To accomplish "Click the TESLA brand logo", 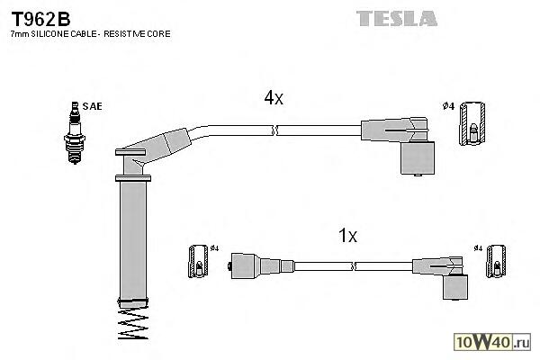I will pyautogui.click(x=396, y=18).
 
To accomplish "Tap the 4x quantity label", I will pyautogui.click(x=274, y=98).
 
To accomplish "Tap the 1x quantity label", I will pyautogui.click(x=347, y=236).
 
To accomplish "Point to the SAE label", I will pyautogui.click(x=92, y=106).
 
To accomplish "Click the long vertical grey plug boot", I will pyautogui.click(x=134, y=238).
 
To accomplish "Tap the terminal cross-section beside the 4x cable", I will pyautogui.click(x=473, y=125).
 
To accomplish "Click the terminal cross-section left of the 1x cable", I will pyautogui.click(x=200, y=261).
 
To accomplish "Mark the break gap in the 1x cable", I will pyautogui.click(x=355, y=265).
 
